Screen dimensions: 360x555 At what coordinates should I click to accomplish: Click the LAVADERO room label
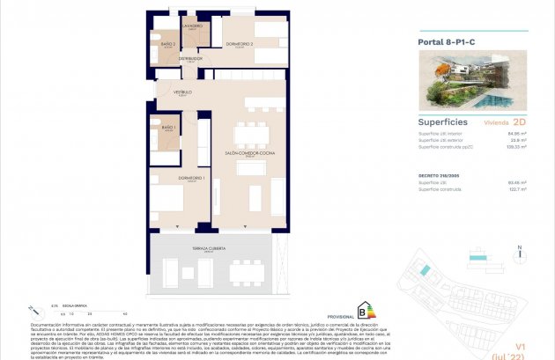coord(193,26)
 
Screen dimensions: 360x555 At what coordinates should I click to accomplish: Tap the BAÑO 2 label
coord(167,44)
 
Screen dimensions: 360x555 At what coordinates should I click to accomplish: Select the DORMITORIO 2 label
coord(239,44)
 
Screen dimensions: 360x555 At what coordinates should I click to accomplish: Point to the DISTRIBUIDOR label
coord(190,58)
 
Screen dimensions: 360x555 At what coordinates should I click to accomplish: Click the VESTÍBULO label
coord(181,92)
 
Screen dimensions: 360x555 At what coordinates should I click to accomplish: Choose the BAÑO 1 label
coord(166,129)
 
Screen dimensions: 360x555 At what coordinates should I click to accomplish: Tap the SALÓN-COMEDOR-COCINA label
coord(249,152)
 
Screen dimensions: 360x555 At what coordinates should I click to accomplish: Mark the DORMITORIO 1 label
coord(192,179)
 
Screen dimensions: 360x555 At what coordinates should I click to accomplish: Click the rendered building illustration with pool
coord(471,80)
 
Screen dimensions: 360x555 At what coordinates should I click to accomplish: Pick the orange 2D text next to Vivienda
coord(519,124)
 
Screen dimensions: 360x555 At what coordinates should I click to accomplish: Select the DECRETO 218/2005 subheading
coord(439,176)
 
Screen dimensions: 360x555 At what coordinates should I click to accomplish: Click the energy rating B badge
coord(361,309)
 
